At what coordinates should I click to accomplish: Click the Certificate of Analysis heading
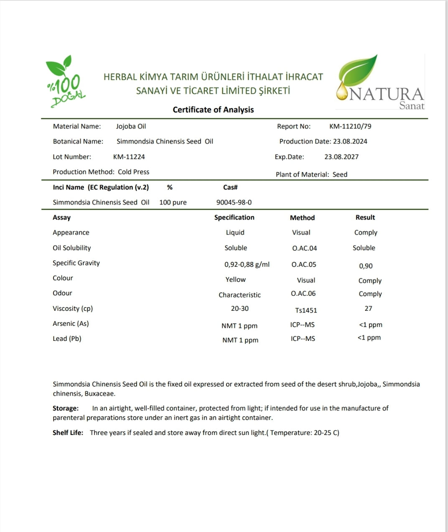pyautogui.click(x=213, y=110)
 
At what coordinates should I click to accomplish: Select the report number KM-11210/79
pyautogui.click(x=350, y=126)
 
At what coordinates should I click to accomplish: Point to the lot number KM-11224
pyautogui.click(x=129, y=157)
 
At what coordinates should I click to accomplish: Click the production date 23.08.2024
pyautogui.click(x=350, y=141)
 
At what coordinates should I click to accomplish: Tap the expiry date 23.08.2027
pyautogui.click(x=341, y=157)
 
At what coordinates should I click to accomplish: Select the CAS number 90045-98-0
pyautogui.click(x=234, y=202)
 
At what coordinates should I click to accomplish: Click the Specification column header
pyautogui.click(x=234, y=217)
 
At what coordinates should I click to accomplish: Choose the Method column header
pyautogui.click(x=302, y=217)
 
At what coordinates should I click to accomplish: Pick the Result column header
pyautogui.click(x=365, y=217)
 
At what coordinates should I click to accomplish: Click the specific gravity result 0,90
pyautogui.click(x=366, y=266)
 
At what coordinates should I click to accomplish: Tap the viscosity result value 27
pyautogui.click(x=368, y=309)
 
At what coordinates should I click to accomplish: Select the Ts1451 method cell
pyautogui.click(x=306, y=310)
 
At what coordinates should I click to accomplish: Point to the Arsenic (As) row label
pyautogui.click(x=71, y=324)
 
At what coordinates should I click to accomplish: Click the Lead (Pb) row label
pyautogui.click(x=67, y=339)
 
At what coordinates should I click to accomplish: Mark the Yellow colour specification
pyautogui.click(x=236, y=279)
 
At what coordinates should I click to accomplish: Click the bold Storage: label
pyautogui.click(x=66, y=408)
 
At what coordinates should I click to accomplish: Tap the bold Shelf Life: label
pyautogui.click(x=68, y=432)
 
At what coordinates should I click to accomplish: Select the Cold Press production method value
pyautogui.click(x=133, y=172)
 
